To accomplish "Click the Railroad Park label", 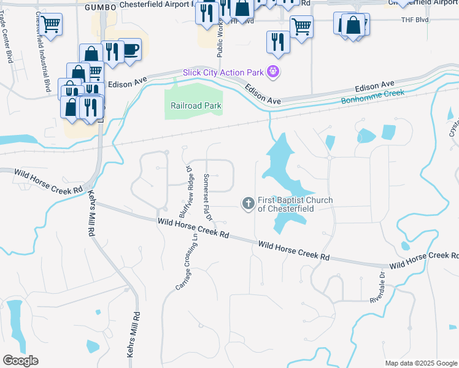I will (x=196, y=105).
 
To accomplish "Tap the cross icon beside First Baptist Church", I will (x=248, y=203).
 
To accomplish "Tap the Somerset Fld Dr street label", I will (x=207, y=197).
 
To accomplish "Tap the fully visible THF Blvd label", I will (x=414, y=20).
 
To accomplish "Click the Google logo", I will (x=20, y=361).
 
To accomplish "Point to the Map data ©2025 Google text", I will (x=420, y=363).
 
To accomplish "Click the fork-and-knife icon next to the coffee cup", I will (x=111, y=50).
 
